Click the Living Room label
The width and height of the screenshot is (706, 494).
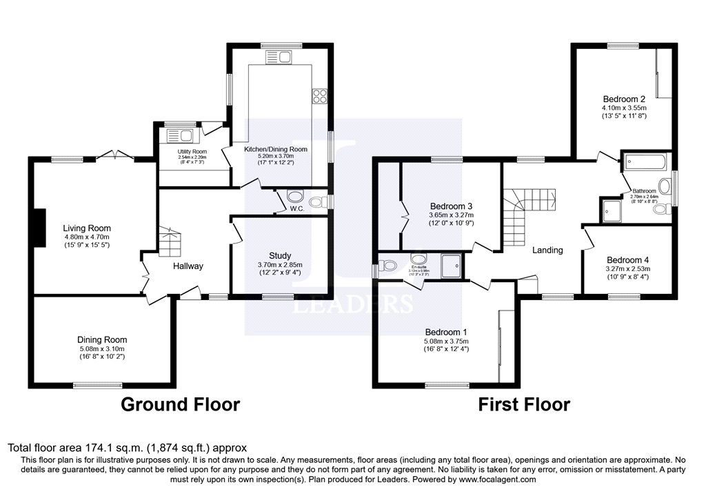[87, 228]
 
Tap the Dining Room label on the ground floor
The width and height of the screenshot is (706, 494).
[103, 339]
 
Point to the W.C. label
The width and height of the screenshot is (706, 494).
[297, 208]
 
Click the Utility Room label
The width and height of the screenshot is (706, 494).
[192, 152]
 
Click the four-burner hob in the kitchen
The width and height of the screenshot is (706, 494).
[320, 96]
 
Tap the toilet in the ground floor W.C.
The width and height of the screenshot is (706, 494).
[318, 202]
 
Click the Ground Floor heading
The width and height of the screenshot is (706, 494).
[181, 404]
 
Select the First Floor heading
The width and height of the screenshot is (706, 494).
[524, 404]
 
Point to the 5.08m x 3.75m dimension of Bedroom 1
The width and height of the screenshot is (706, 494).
[446, 341]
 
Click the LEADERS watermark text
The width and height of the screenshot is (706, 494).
[353, 304]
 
